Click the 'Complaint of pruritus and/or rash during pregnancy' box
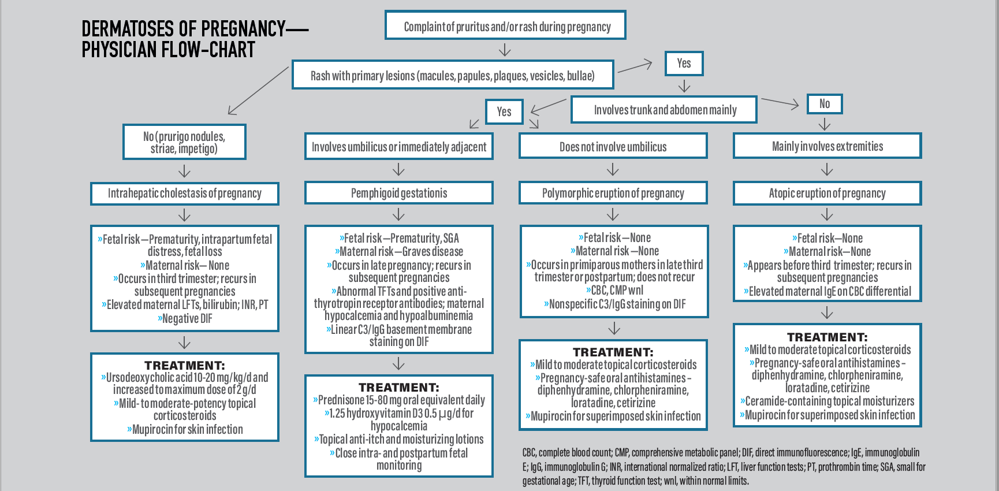pyautogui.click(x=505, y=26)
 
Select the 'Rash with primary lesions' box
pyautogui.click(x=452, y=76)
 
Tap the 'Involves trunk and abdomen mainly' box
pyautogui.click(x=663, y=110)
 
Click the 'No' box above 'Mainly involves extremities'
pyautogui.click(x=824, y=104)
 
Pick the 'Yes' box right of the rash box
pyautogui.click(x=684, y=64)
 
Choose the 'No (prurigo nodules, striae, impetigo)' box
pyautogui.click(x=184, y=142)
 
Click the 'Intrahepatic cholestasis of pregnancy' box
pyautogui.click(x=184, y=194)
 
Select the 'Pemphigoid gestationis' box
pyautogui.click(x=398, y=193)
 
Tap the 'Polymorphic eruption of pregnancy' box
pyautogui.click(x=613, y=193)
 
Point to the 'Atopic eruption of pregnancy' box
pyautogui.click(x=827, y=193)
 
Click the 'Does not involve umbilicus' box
pyautogui.click(x=613, y=147)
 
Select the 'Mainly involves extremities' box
pyautogui.click(x=827, y=146)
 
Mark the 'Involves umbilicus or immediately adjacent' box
pyautogui.click(x=398, y=147)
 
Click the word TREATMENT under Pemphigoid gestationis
pyautogui.click(x=398, y=387)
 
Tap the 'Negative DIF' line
pyautogui.click(x=185, y=318)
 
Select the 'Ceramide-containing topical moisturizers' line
pyautogui.click(x=827, y=401)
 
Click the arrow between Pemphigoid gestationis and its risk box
pyautogui.click(x=398, y=215)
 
